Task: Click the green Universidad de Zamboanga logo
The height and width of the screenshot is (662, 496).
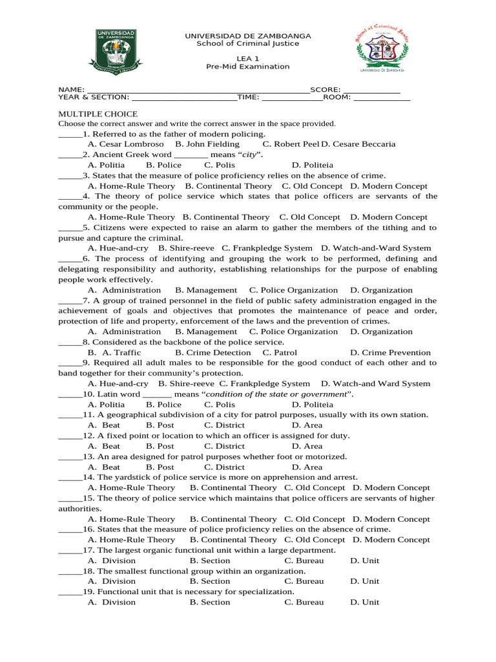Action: click(x=116, y=50)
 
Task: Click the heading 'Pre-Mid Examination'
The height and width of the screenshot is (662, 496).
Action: click(x=248, y=67)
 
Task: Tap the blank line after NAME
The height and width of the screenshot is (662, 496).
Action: click(x=198, y=90)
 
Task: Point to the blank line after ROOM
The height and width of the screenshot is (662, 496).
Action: click(x=382, y=98)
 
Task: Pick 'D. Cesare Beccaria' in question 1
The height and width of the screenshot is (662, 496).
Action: click(x=358, y=144)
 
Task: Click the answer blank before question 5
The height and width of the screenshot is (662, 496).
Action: click(x=70, y=228)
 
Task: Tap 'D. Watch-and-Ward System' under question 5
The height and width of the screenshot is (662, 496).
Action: click(x=376, y=248)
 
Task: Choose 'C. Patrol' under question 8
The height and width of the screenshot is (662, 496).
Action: click(x=280, y=352)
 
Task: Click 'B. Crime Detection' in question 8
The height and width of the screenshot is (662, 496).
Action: click(x=212, y=352)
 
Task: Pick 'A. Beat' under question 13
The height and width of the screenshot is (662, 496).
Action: click(x=104, y=467)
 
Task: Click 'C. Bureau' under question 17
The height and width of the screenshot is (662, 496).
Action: click(x=304, y=561)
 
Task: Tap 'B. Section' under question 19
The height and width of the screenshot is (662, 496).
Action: click(x=209, y=602)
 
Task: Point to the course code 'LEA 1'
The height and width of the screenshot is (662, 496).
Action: click(x=248, y=58)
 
